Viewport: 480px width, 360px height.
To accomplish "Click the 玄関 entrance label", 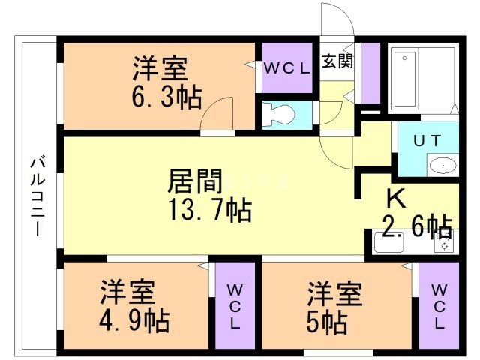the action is pos(337,61).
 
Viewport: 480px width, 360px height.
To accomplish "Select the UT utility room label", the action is pos(427,141).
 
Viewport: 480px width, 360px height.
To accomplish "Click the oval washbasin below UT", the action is pos(442,166).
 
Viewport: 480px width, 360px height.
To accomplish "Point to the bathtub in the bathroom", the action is pos(405,79).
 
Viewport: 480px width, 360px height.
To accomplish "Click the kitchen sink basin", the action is pos(388,242).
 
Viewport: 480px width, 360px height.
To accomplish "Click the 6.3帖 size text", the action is pos(166,97).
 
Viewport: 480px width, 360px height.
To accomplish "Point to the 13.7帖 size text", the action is pos(211,210).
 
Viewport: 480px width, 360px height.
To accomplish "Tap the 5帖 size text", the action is pos(327,322).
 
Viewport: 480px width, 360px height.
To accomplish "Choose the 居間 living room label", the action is pos(195,181).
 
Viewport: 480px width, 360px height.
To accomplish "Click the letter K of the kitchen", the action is pos(396,198).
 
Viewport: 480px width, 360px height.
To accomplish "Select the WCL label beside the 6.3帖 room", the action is pos(286,68).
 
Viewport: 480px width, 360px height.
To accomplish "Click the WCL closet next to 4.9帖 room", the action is pos(235,306).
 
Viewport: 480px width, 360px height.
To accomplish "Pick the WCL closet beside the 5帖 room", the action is pos(439,306).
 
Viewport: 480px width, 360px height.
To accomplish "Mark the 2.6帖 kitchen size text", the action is pos(418,226).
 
